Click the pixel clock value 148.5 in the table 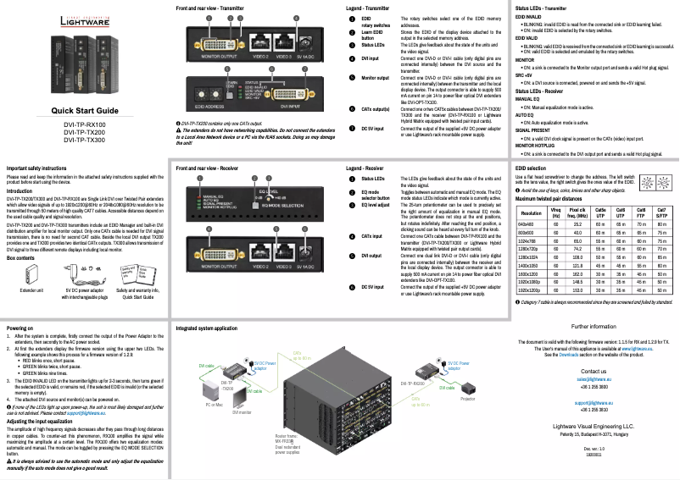[x=577, y=282]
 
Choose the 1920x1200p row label [x=532, y=290]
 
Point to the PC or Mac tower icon [x=213, y=385]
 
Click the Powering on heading [x=21, y=327]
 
